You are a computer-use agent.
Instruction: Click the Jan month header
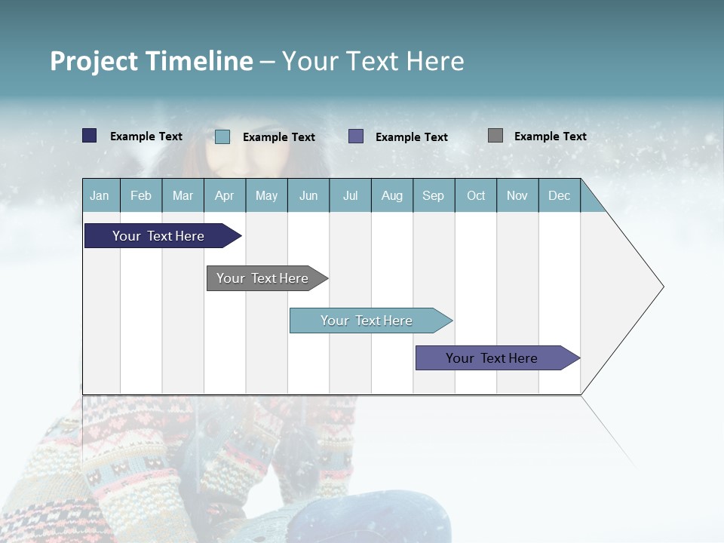[100, 196]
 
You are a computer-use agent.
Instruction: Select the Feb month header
[141, 196]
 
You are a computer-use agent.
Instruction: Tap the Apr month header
[224, 196]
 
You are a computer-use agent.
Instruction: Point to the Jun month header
[308, 196]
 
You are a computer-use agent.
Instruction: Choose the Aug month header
[391, 196]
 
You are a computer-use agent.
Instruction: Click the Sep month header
[433, 196]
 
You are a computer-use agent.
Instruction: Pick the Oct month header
[476, 196]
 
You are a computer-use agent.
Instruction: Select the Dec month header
[559, 196]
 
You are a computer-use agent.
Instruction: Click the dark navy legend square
[90, 136]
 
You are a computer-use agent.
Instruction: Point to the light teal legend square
[222, 137]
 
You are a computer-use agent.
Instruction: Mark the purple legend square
[356, 137]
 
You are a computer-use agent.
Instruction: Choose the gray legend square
[495, 136]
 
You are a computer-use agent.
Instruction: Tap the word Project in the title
[94, 61]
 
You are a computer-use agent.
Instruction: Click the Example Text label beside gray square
[550, 137]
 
